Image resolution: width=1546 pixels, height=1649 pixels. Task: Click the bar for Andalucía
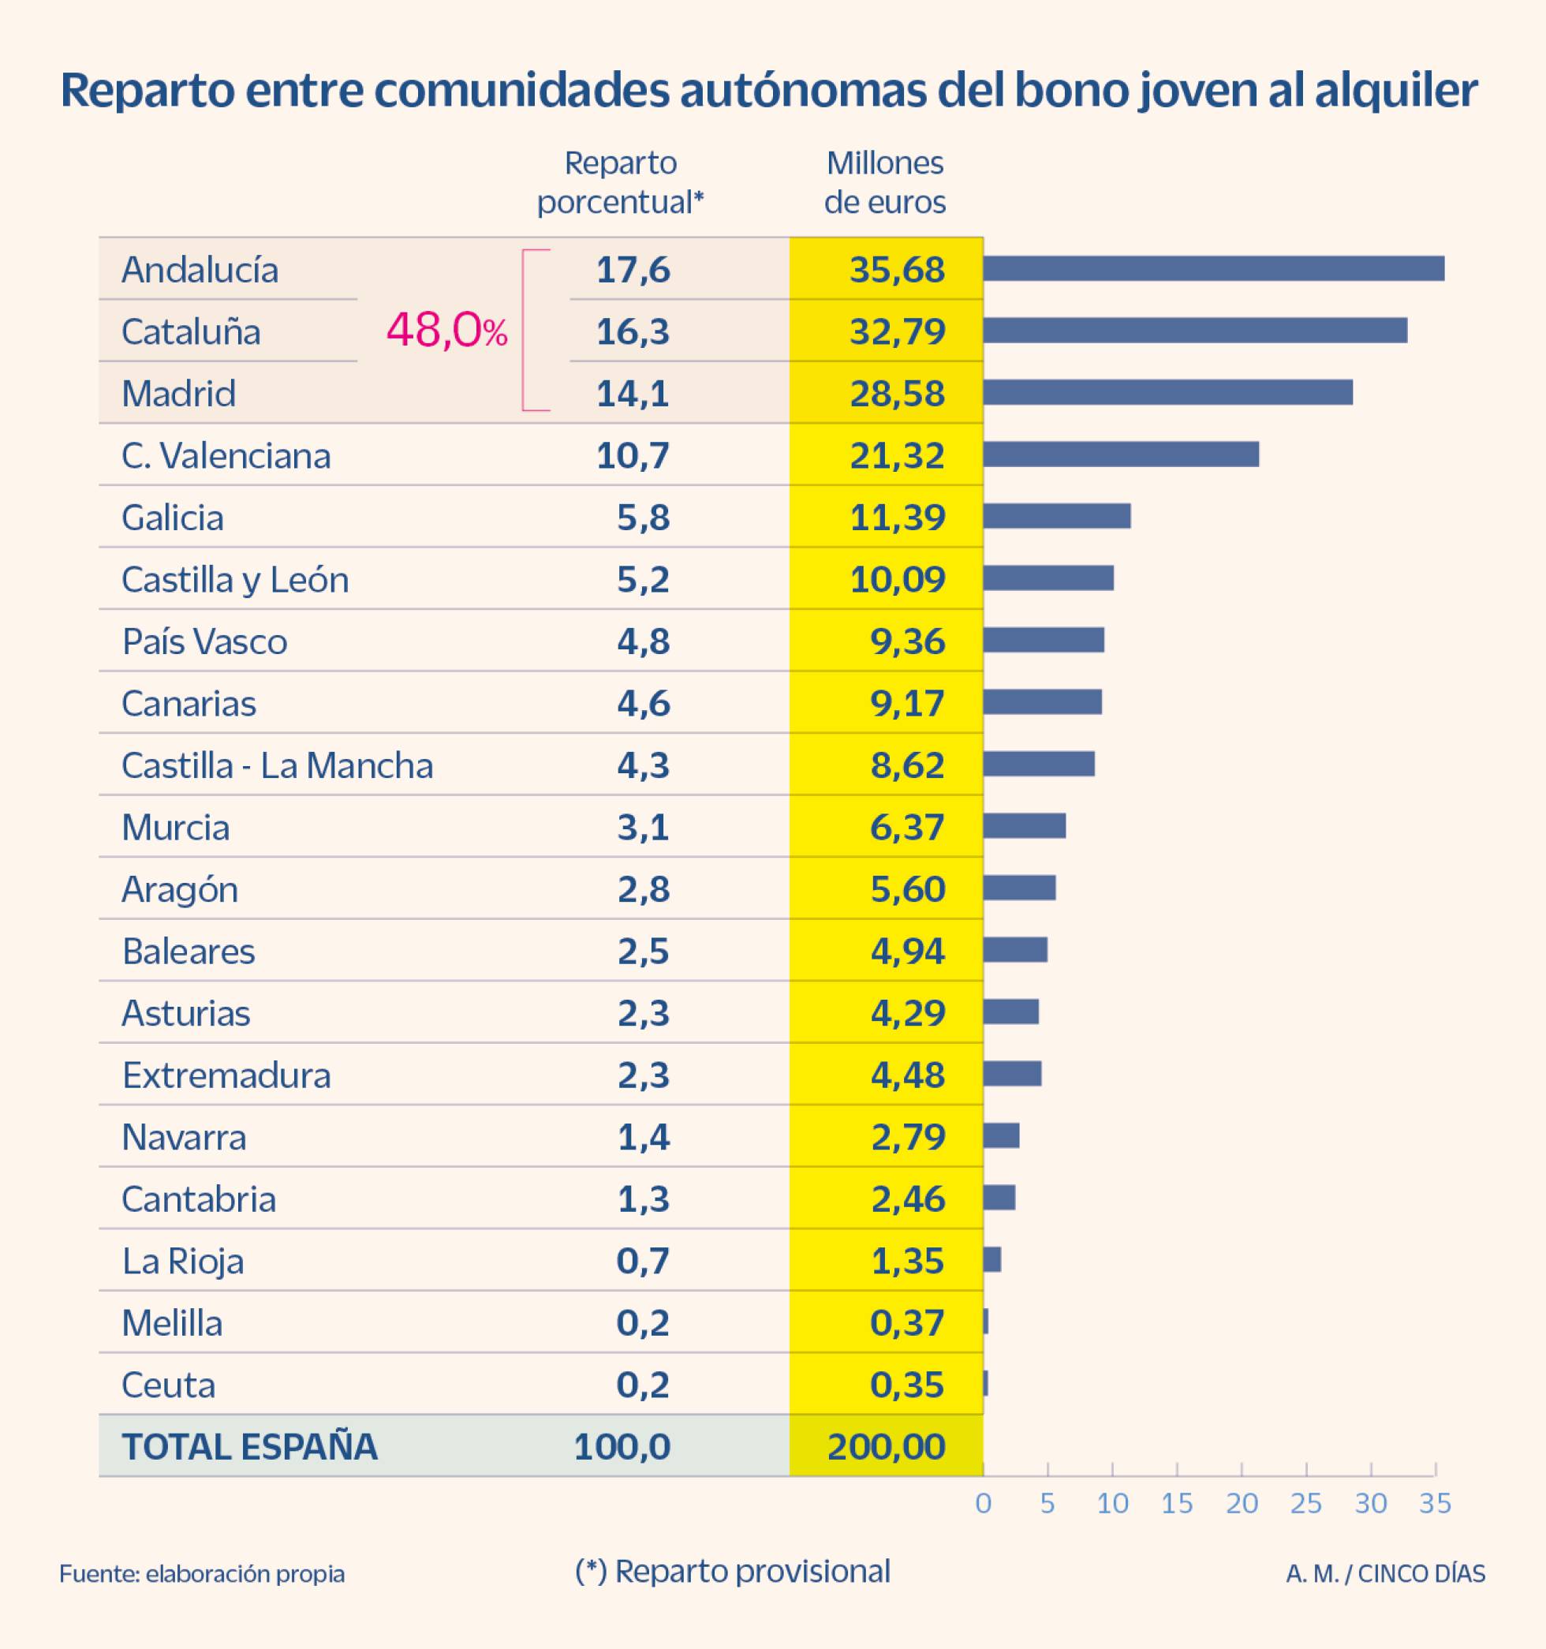pyautogui.click(x=1212, y=269)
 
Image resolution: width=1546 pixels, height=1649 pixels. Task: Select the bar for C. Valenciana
pyautogui.click(x=1121, y=454)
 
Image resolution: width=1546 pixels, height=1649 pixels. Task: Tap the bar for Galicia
pyautogui.click(x=1057, y=516)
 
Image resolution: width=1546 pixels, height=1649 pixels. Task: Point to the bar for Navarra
pyautogui.click(x=1001, y=1135)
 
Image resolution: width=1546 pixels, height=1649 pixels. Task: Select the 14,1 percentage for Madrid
pyautogui.click(x=632, y=393)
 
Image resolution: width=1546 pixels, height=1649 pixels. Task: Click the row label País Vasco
pyautogui.click(x=204, y=641)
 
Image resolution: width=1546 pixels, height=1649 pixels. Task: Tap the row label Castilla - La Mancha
pyautogui.click(x=277, y=765)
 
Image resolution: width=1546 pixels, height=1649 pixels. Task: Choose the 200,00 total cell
pyautogui.click(x=886, y=1445)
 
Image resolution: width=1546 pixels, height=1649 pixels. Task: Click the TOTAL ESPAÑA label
pyautogui.click(x=250, y=1445)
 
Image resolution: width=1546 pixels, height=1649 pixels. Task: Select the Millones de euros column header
pyautogui.click(x=884, y=182)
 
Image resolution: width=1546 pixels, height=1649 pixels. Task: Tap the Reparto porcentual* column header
pyautogui.click(x=621, y=182)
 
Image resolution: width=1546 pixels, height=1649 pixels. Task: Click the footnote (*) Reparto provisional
pyautogui.click(x=732, y=1571)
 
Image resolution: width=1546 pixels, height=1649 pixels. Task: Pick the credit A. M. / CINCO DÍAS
pyautogui.click(x=1385, y=1573)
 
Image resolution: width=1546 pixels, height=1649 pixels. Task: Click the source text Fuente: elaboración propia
pyautogui.click(x=202, y=1573)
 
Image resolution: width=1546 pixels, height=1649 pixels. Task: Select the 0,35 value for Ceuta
pyautogui.click(x=906, y=1385)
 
